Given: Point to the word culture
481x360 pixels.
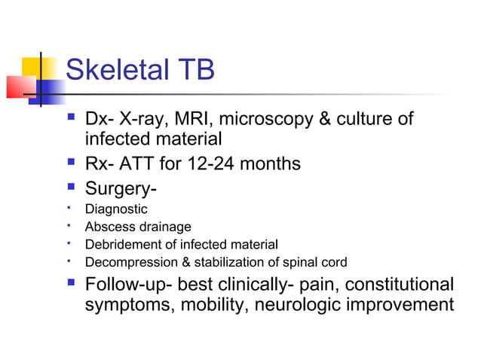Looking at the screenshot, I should point(371,119).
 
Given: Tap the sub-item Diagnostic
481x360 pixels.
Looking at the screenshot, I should point(116,209).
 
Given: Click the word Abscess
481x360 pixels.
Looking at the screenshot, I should point(107,227).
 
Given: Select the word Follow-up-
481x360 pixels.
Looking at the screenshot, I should point(133,285).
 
